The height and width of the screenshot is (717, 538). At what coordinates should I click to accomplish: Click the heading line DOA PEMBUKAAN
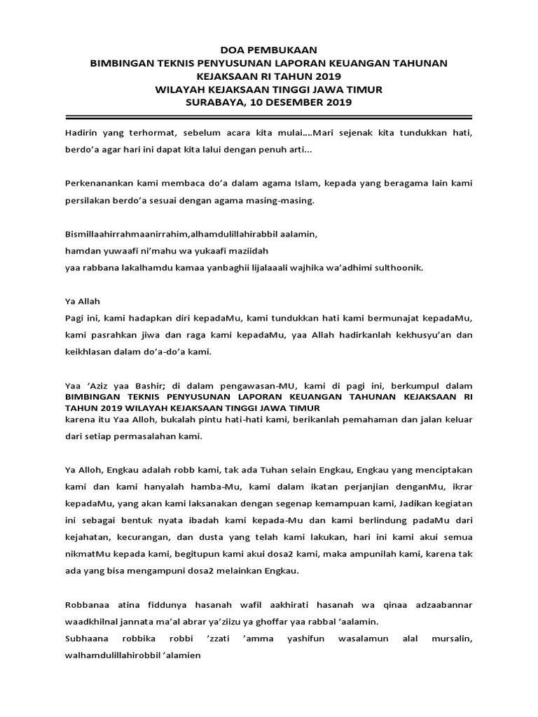(x=268, y=50)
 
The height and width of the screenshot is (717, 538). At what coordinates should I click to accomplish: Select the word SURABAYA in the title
(x=214, y=102)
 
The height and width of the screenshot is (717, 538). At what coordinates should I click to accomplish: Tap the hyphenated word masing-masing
(x=277, y=201)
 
